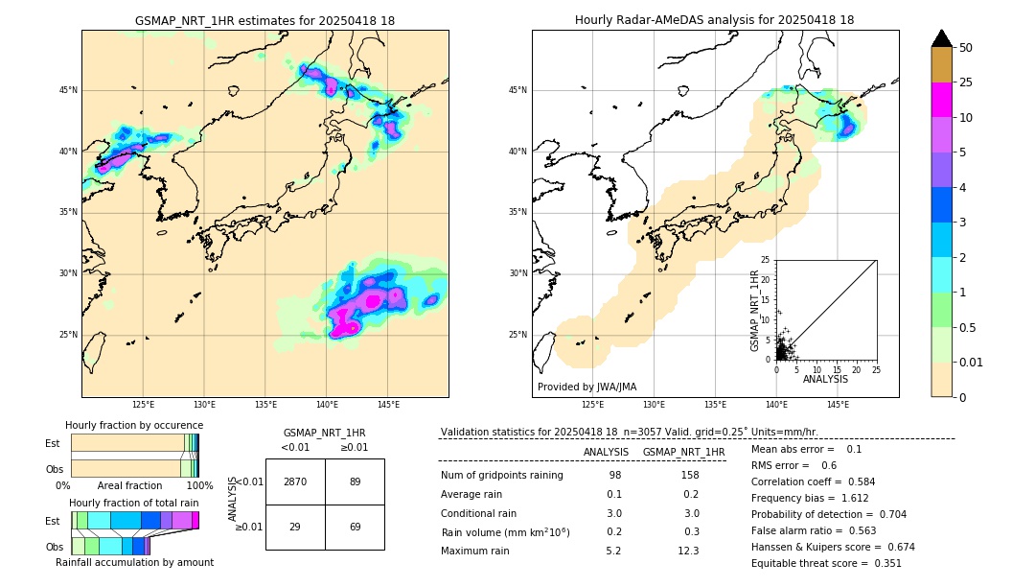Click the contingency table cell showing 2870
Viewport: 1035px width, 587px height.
[295, 481]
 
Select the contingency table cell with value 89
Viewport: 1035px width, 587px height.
[355, 481]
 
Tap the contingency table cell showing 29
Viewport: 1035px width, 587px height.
[295, 528]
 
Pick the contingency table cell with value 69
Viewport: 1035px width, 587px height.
[355, 528]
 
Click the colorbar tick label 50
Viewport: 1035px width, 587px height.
[966, 48]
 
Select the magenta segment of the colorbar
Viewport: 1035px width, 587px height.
[941, 100]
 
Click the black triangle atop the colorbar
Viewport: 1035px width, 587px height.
[941, 38]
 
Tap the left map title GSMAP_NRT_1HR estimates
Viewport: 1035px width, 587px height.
[264, 20]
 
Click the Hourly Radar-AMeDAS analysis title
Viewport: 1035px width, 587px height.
[715, 20]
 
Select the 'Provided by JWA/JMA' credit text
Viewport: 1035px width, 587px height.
[586, 387]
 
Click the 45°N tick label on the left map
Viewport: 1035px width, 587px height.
[68, 90]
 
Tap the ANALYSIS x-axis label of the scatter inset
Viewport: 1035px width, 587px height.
[825, 380]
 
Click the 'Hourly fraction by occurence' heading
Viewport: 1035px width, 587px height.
[134, 425]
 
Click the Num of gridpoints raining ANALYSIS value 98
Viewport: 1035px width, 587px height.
[614, 475]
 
